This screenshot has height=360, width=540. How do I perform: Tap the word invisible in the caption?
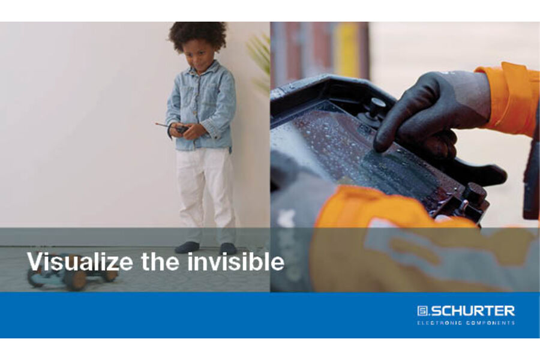pos(236,262)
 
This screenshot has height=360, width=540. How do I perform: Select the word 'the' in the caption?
pos(160,262)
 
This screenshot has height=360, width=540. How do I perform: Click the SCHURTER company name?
pos(473,311)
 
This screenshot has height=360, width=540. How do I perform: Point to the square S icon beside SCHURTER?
pos(423,311)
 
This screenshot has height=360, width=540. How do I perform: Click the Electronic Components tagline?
pos(466,323)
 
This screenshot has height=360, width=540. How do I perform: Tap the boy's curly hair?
pos(197,35)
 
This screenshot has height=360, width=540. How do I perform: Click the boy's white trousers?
pos(206,193)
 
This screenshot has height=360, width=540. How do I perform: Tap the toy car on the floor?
pos(73,273)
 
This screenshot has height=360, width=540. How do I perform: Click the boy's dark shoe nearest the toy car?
pos(187,247)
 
